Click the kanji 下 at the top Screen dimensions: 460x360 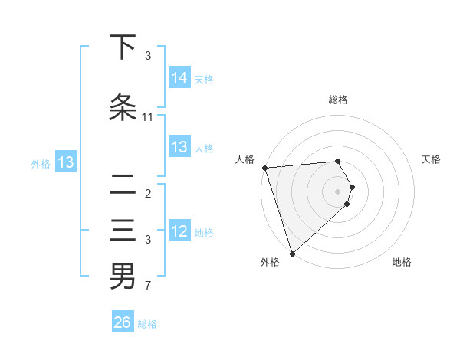123,47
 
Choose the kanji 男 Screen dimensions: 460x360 123,277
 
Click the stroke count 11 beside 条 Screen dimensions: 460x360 148,117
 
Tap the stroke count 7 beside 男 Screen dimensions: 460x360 148,286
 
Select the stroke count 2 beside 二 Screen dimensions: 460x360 148,194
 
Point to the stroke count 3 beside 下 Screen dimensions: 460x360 148,56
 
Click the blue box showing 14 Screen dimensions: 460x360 179,77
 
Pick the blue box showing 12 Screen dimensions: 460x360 179,231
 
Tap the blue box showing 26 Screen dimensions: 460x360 123,322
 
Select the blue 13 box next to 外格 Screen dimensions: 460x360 65,162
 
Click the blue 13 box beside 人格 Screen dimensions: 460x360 179,147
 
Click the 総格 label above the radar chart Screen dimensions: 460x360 338,100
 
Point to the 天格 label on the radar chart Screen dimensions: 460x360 432,159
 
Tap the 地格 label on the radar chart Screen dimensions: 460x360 402,262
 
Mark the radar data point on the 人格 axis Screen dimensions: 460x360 264,168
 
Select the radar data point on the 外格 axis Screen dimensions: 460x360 292,253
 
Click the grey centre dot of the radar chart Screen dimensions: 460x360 338,191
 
